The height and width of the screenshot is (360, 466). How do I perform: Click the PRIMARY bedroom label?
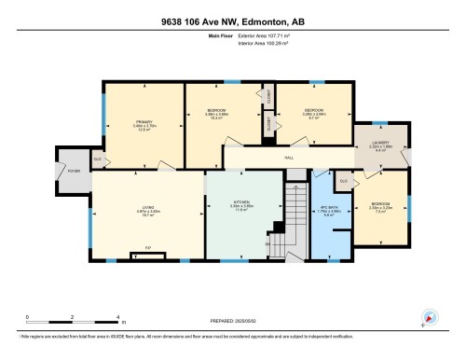click(x=144, y=125)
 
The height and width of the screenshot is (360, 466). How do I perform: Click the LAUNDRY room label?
click(x=379, y=146)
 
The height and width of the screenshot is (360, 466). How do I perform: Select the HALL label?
click(x=278, y=159)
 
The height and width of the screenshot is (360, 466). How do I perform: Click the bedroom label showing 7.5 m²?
click(x=380, y=207)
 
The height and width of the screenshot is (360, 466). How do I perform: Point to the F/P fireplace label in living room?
click(x=147, y=248)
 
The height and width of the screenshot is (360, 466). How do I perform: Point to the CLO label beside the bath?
click(x=343, y=180)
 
